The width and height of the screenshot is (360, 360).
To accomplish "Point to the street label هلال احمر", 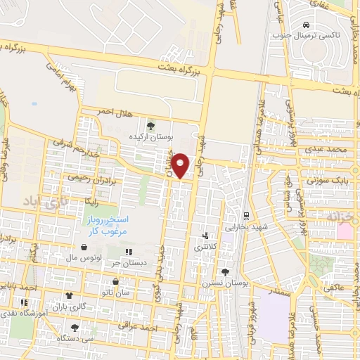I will point(98,111).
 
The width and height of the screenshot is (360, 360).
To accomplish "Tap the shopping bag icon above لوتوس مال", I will point(84,247).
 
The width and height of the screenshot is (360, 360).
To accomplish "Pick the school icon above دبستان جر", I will point(128,252).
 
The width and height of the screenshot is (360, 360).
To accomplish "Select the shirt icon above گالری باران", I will point(69,296).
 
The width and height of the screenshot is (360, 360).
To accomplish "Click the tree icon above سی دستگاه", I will point(75,328).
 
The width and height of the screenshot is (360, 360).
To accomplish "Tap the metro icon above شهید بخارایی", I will point(245,216).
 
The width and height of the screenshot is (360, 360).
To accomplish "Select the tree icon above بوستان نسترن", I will point(225,272).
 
